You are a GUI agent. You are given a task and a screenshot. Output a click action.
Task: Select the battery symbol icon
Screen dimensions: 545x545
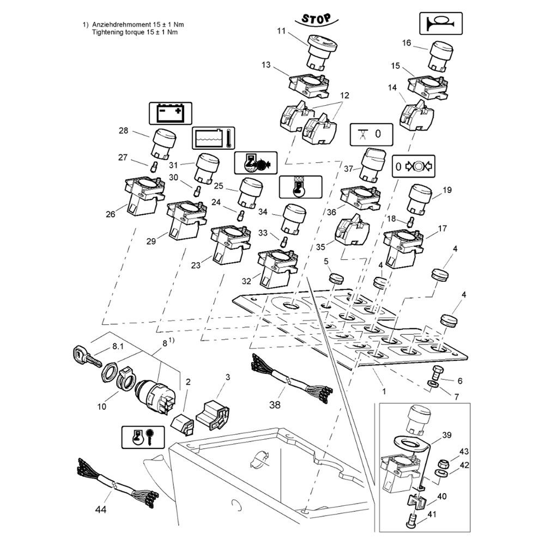point(170,113)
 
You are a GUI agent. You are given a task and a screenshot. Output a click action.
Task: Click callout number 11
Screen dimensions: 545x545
point(281,31)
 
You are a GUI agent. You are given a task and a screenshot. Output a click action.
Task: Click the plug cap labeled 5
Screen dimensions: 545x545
point(337,278)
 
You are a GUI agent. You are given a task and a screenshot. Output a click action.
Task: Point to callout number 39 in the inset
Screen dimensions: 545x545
point(446,435)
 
